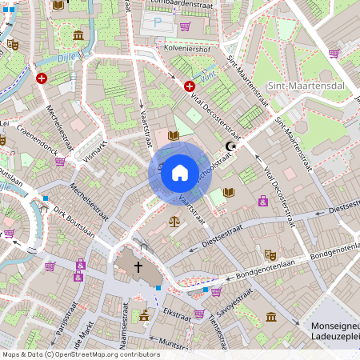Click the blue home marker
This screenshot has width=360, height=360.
point(180,173)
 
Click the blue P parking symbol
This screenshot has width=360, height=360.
point(158,24)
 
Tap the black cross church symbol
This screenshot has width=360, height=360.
point(138,266)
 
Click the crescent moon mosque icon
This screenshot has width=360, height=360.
point(232,146)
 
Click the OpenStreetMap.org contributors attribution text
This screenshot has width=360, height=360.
point(108,354)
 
